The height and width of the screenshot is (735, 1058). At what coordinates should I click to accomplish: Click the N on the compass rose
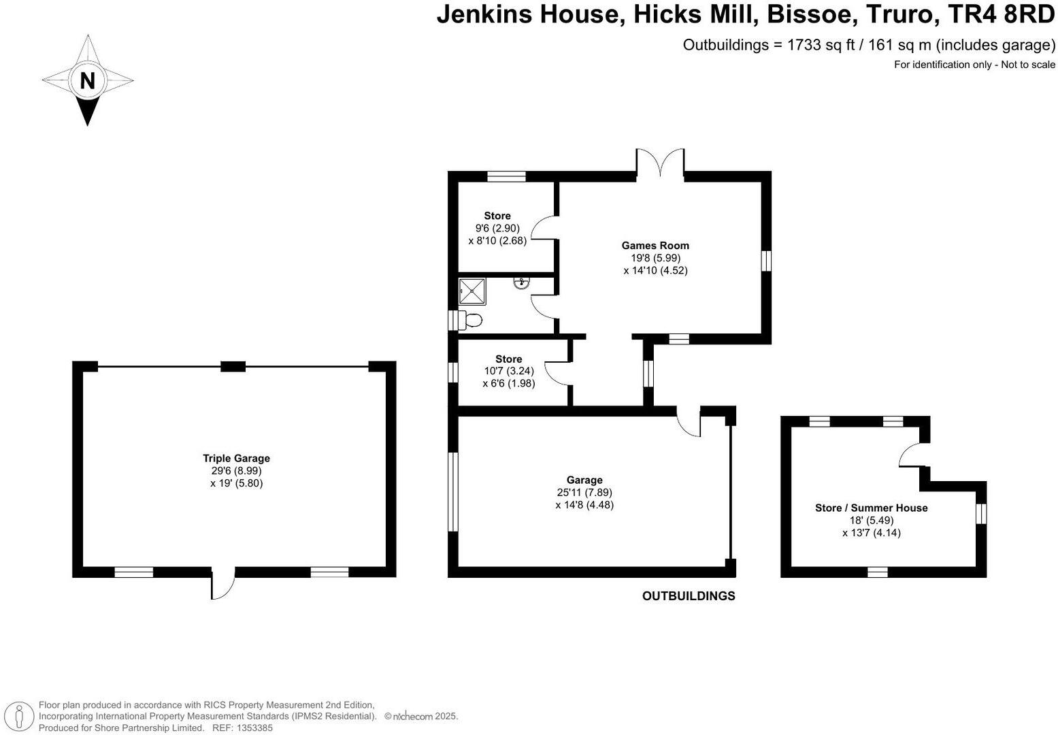point(87,81)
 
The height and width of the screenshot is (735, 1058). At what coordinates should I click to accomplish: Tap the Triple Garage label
point(236,458)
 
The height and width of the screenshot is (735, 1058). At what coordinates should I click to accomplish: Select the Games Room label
point(655,246)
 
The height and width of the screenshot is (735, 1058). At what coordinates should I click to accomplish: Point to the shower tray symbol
point(472,291)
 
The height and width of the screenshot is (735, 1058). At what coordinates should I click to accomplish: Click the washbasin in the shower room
point(521,283)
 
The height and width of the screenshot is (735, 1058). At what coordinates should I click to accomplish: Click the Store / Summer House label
point(872,508)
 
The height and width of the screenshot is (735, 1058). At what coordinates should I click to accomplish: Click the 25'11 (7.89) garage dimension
point(584,492)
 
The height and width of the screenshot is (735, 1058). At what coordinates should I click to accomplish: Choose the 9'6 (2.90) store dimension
point(497,228)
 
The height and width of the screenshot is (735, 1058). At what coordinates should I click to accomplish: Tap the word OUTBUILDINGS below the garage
point(689,596)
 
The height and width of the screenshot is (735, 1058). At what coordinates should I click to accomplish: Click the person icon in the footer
point(19,716)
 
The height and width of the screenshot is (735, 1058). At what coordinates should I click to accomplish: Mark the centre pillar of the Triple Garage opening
point(233,366)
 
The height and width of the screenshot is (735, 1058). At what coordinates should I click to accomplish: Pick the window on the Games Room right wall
point(767,261)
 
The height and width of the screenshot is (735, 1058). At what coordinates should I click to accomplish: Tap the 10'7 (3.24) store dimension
point(509,372)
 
